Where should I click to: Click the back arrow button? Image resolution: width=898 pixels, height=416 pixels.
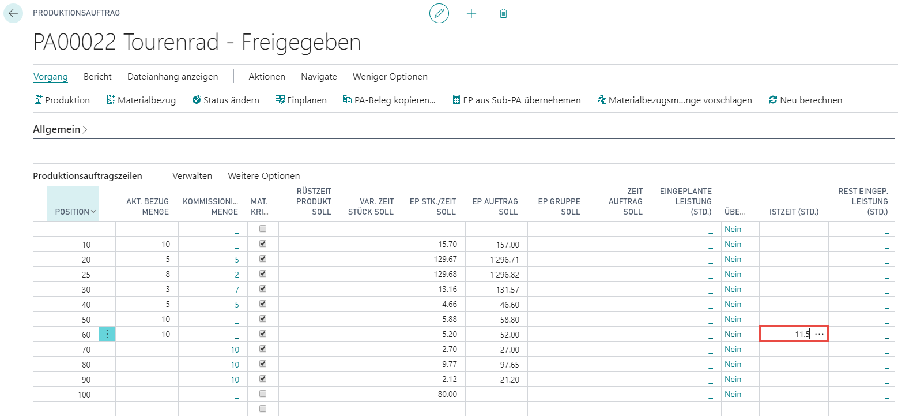[13, 13]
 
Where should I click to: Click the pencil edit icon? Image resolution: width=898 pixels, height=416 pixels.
[439, 13]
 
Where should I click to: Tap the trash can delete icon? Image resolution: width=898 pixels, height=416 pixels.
[504, 13]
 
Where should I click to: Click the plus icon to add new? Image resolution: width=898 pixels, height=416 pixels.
[471, 13]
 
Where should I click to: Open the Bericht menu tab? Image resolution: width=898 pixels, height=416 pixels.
[97, 77]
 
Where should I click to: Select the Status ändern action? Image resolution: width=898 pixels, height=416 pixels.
[226, 100]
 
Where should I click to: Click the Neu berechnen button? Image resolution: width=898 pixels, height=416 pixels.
[805, 100]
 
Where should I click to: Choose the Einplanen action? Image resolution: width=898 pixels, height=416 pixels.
[301, 100]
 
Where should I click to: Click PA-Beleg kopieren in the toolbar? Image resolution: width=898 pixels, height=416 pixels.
[389, 100]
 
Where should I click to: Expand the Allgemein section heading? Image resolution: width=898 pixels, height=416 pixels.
[60, 129]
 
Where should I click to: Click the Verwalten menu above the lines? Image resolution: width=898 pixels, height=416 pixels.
[192, 176]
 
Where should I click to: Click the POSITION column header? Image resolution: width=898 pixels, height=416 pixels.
[73, 212]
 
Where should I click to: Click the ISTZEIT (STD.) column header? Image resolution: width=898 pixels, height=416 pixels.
[794, 212]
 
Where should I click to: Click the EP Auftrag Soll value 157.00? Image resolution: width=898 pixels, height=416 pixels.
[508, 245]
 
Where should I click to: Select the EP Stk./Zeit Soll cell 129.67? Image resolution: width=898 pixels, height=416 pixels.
[445, 259]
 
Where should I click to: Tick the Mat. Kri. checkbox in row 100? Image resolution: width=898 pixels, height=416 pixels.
[263, 393]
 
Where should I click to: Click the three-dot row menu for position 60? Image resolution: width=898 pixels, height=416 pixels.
[107, 334]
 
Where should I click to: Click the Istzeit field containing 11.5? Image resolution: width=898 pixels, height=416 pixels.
[793, 333]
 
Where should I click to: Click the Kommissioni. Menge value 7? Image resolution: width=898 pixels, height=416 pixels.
[237, 290]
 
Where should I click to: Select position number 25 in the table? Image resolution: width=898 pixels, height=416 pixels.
[86, 275]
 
